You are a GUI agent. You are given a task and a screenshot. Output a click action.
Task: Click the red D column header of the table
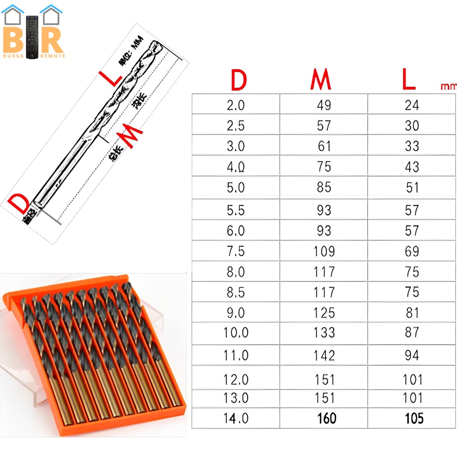[x=238, y=80]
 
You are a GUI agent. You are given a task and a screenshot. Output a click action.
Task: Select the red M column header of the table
[x=320, y=80]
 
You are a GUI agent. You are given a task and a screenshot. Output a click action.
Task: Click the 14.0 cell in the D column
[x=236, y=418]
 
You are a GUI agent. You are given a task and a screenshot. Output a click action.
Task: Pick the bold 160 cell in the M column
[x=326, y=418]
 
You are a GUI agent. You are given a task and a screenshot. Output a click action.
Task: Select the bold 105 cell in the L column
[x=414, y=418]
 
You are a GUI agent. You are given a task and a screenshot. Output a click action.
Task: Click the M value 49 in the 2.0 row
[x=324, y=105]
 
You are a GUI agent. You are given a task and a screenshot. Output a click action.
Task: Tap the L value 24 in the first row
[x=412, y=105]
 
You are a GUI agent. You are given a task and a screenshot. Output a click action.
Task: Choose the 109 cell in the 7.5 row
[x=324, y=251]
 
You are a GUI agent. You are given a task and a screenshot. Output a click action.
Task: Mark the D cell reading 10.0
[x=236, y=332]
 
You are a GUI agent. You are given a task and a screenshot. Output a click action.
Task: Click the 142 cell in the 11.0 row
[x=324, y=355]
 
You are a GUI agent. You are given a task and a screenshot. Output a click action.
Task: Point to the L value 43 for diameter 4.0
[x=412, y=166]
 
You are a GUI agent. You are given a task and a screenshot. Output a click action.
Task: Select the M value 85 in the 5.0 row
[x=324, y=187]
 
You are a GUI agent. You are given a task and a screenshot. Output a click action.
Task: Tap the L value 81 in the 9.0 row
[x=412, y=312]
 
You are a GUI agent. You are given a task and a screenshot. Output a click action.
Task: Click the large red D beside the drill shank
[x=20, y=204]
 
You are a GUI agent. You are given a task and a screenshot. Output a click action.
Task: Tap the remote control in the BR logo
[x=33, y=37]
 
